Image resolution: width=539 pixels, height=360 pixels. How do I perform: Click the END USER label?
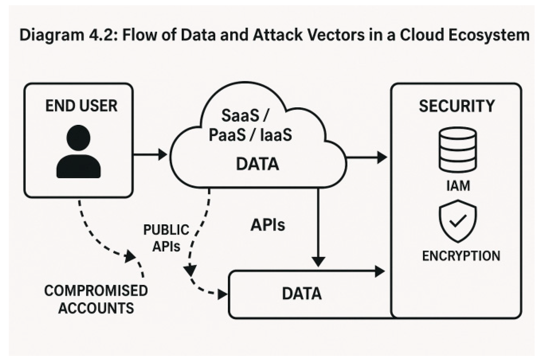[x=81, y=106]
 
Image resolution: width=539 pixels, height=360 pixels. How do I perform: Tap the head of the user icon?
[x=78, y=138]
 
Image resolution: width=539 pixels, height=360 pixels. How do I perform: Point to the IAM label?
[x=458, y=186]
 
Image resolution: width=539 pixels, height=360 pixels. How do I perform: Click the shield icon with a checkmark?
[x=458, y=221]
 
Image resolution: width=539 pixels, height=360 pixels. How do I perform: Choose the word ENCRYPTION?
[x=461, y=256]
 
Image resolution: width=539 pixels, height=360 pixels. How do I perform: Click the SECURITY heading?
[x=457, y=106]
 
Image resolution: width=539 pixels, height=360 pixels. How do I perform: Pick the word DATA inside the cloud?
[x=257, y=164]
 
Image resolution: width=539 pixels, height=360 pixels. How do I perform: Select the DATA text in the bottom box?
[x=302, y=293]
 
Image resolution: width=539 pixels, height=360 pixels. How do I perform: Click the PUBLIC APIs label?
[x=166, y=238]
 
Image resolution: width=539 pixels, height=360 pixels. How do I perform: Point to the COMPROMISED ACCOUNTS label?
[x=96, y=299]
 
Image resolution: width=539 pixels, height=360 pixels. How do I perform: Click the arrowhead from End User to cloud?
[x=162, y=154]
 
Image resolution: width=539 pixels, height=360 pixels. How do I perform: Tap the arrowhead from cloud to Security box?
[x=382, y=157]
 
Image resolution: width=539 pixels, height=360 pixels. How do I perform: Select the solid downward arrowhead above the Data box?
[x=318, y=261]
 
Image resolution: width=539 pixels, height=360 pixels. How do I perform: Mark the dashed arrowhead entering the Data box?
[x=223, y=294]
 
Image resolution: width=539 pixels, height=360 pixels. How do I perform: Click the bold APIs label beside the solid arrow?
[x=267, y=225]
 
